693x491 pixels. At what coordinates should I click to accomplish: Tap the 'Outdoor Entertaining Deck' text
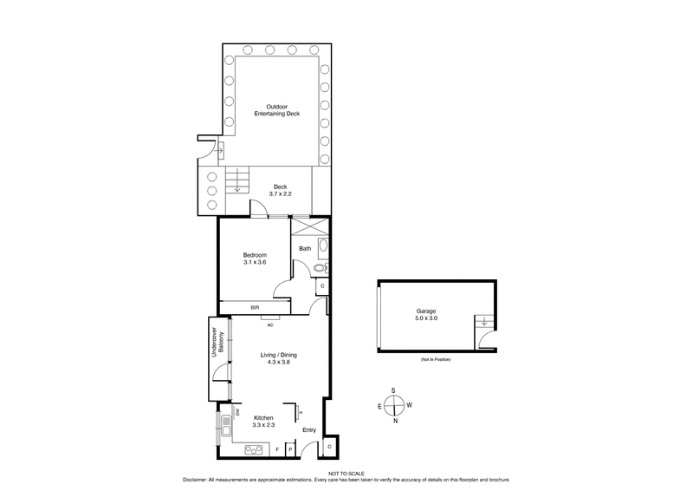coord(277,110)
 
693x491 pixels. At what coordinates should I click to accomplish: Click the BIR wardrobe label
coord(256,307)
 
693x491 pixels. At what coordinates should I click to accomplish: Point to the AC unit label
coord(270,325)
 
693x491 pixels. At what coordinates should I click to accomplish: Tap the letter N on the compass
coord(394,422)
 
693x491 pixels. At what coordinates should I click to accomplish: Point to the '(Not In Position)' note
coord(437,359)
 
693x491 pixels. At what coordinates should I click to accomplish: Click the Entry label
coord(308,429)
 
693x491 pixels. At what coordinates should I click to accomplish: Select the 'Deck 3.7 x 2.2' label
coord(280,191)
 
